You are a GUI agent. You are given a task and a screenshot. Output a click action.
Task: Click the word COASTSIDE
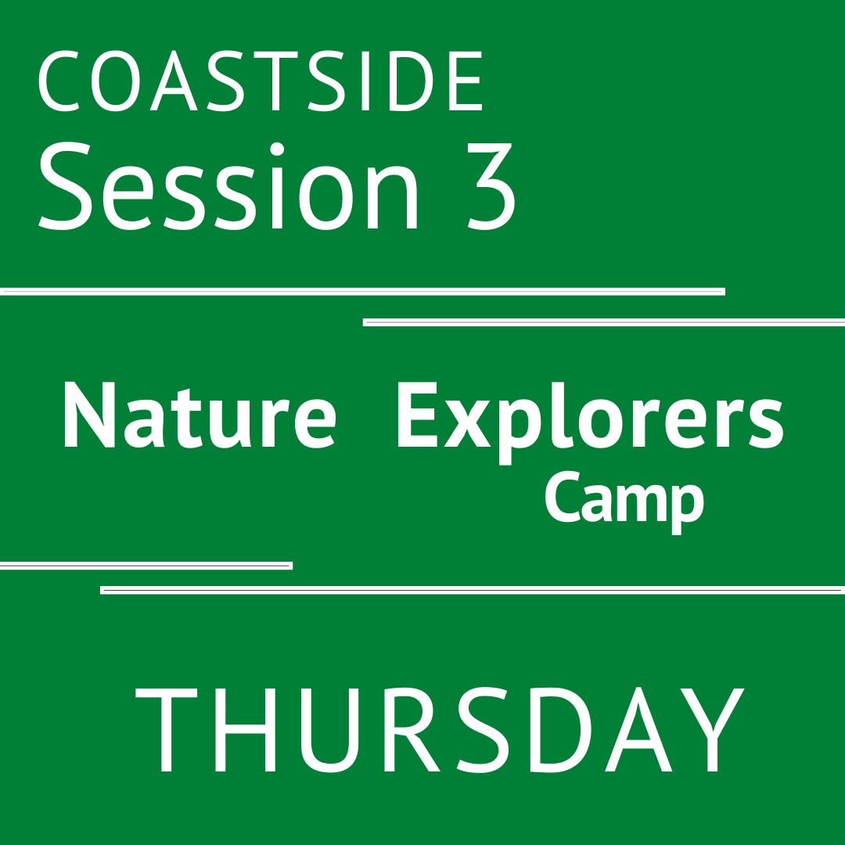pyautogui.click(x=261, y=83)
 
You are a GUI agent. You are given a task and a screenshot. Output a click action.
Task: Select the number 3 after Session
pyautogui.click(x=491, y=186)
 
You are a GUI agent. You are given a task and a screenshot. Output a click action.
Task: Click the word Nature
pyautogui.click(x=200, y=416)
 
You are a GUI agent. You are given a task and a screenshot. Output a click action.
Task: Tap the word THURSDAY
pyautogui.click(x=438, y=730)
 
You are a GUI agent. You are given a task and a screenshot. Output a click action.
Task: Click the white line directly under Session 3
pyautogui.click(x=362, y=292)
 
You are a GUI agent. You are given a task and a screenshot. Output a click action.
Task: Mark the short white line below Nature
pyautogui.click(x=146, y=566)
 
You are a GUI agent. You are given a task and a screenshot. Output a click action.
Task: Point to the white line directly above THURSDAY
pyautogui.click(x=473, y=590)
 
